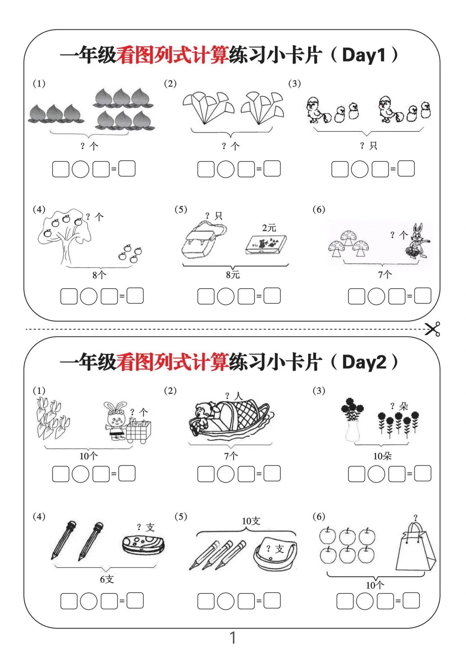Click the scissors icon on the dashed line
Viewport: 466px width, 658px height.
click(433, 329)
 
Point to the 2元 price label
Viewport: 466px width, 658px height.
click(269, 228)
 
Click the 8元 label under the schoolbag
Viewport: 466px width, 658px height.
click(232, 275)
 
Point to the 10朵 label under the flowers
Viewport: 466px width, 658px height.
click(382, 456)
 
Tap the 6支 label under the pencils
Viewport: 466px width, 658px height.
click(107, 579)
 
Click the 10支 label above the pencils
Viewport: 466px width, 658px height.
click(251, 521)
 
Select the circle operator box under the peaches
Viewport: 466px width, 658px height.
click(80, 169)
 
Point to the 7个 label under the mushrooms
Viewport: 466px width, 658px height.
click(385, 275)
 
